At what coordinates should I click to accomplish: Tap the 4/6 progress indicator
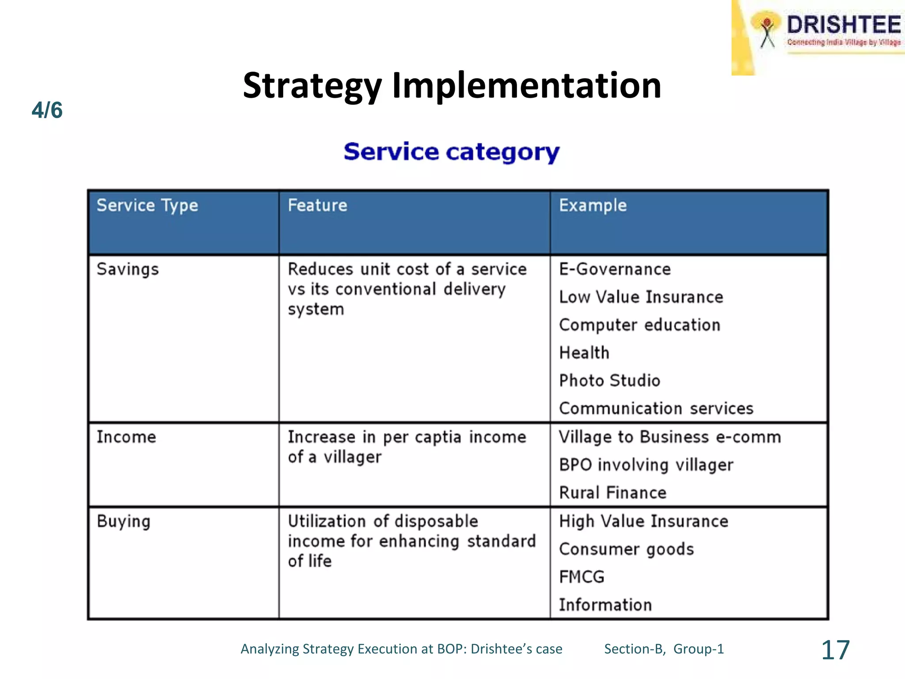click(47, 110)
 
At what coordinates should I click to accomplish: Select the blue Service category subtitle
click(452, 152)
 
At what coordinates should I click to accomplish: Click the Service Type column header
click(147, 206)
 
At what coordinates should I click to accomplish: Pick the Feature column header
click(317, 206)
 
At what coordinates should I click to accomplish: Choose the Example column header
click(593, 206)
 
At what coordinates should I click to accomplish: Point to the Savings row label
click(128, 269)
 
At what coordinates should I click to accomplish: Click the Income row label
click(126, 437)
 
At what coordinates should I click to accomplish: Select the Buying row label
click(124, 522)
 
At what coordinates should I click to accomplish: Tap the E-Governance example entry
click(615, 269)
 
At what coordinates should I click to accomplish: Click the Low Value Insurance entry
click(641, 297)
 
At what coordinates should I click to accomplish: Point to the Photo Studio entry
click(609, 381)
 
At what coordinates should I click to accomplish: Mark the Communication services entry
click(656, 408)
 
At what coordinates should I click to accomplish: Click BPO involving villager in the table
click(646, 465)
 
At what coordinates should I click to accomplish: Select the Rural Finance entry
click(612, 493)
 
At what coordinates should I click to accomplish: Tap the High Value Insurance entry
click(643, 522)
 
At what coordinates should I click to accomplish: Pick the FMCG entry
click(582, 577)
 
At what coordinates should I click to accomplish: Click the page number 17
click(835, 650)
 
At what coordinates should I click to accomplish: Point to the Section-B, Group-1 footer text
click(664, 649)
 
